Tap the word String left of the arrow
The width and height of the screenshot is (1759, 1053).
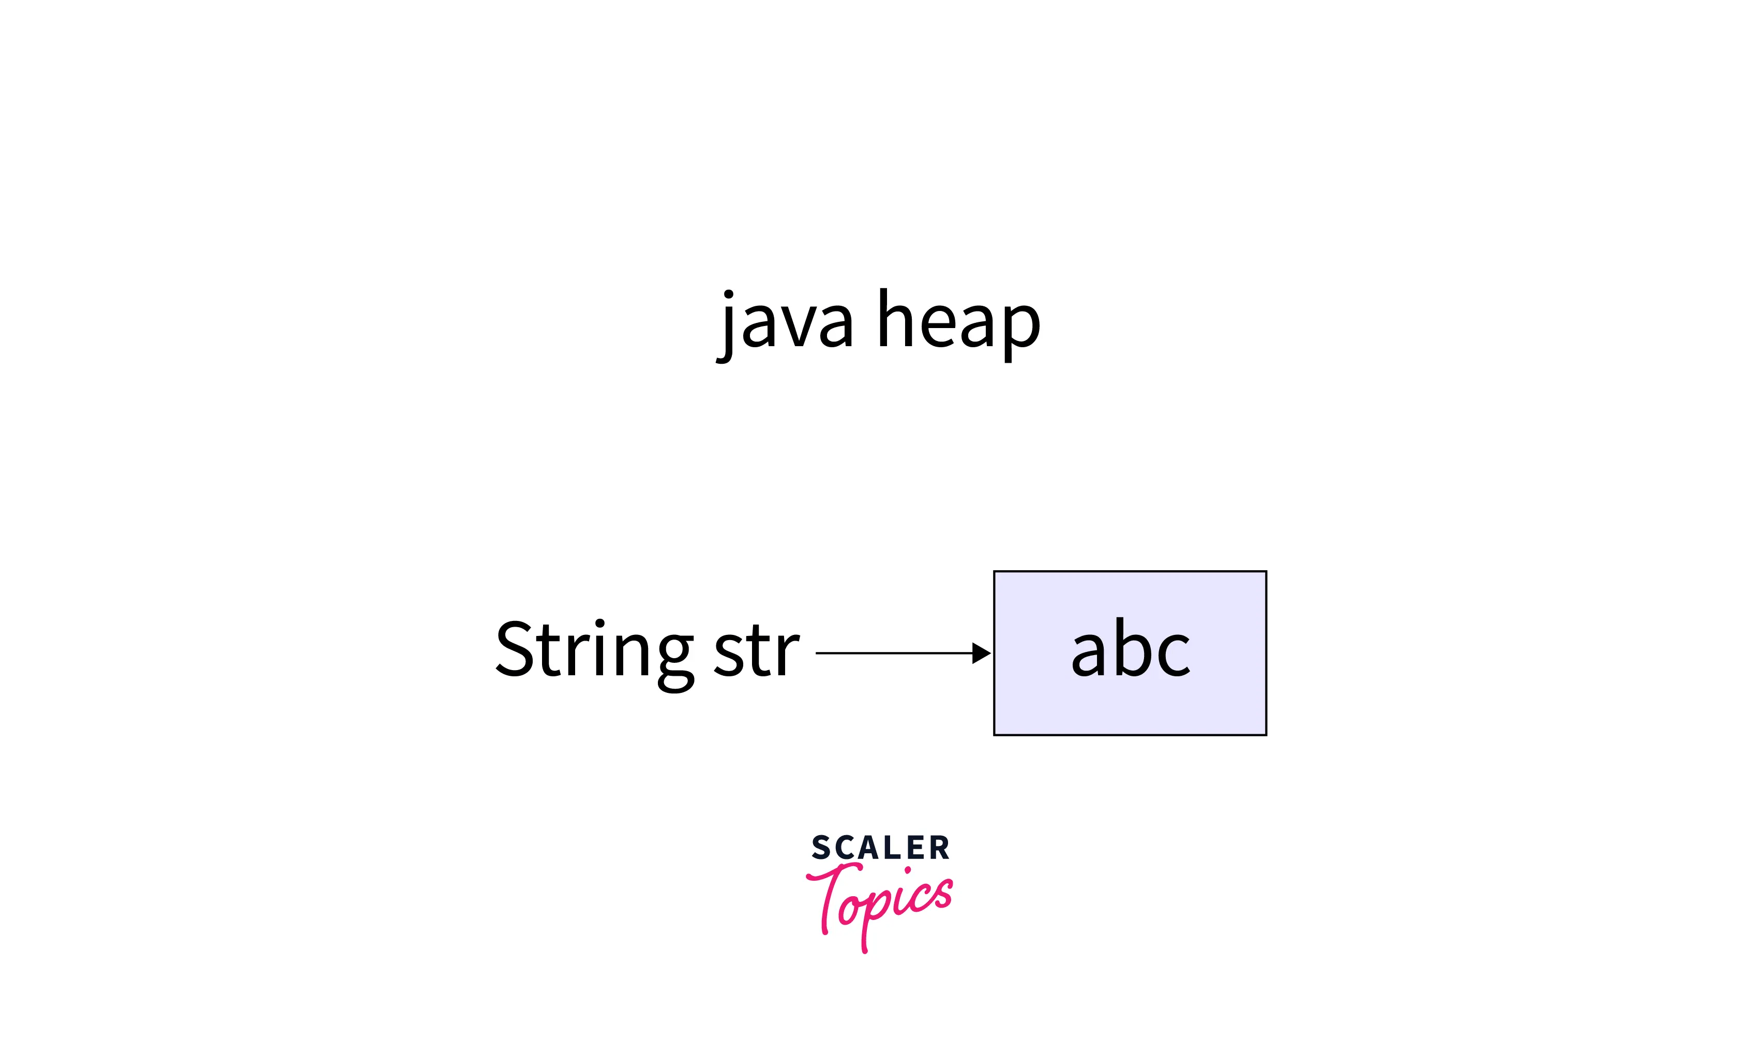click(x=594, y=650)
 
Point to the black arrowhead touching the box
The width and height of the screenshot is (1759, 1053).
click(x=981, y=653)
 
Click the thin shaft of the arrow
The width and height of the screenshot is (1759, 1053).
click(x=894, y=653)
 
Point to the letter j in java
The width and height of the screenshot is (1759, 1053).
click(x=726, y=327)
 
